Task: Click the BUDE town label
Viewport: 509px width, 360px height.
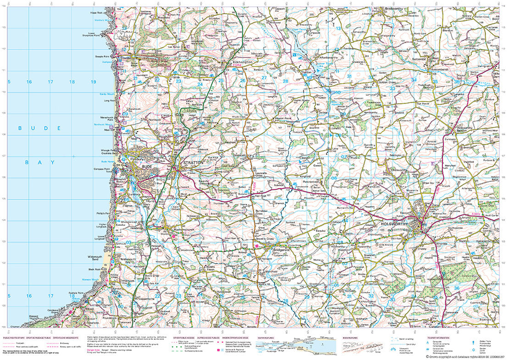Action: tap(147, 167)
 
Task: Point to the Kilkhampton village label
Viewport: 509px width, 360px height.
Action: tap(240, 61)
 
